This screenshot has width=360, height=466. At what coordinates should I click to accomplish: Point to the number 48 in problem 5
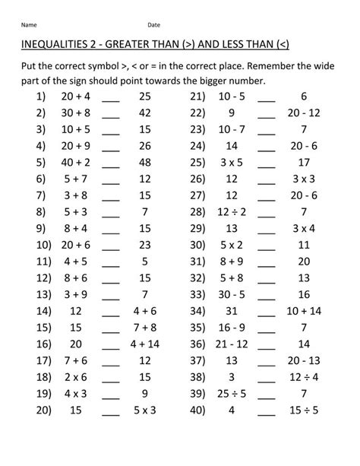click(x=144, y=162)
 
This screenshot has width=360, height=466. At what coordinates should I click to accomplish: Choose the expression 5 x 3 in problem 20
click(x=144, y=408)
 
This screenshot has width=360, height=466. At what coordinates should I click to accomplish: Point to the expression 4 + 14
click(x=144, y=343)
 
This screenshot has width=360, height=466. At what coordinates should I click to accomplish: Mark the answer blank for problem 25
click(x=267, y=163)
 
